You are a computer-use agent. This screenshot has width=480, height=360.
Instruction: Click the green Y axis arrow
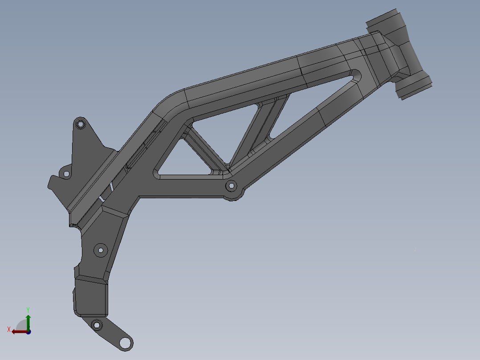tap(28, 322)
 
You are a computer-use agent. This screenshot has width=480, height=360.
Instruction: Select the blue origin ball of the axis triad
tap(28, 331)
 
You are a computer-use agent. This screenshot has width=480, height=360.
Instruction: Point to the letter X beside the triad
tap(9, 329)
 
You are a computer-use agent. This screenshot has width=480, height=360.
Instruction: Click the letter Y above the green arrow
tap(28, 309)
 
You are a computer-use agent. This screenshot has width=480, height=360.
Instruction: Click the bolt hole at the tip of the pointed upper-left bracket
tap(80, 124)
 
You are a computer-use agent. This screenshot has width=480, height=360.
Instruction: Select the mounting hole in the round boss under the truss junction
tap(231, 185)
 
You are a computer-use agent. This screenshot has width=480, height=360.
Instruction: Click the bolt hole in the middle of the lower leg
tap(100, 250)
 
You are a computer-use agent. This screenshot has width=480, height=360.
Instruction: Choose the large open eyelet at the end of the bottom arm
tap(125, 343)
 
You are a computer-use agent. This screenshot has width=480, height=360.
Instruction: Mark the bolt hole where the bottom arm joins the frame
tap(96, 324)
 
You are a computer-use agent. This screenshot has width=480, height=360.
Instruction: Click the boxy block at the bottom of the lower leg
tap(91, 296)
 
